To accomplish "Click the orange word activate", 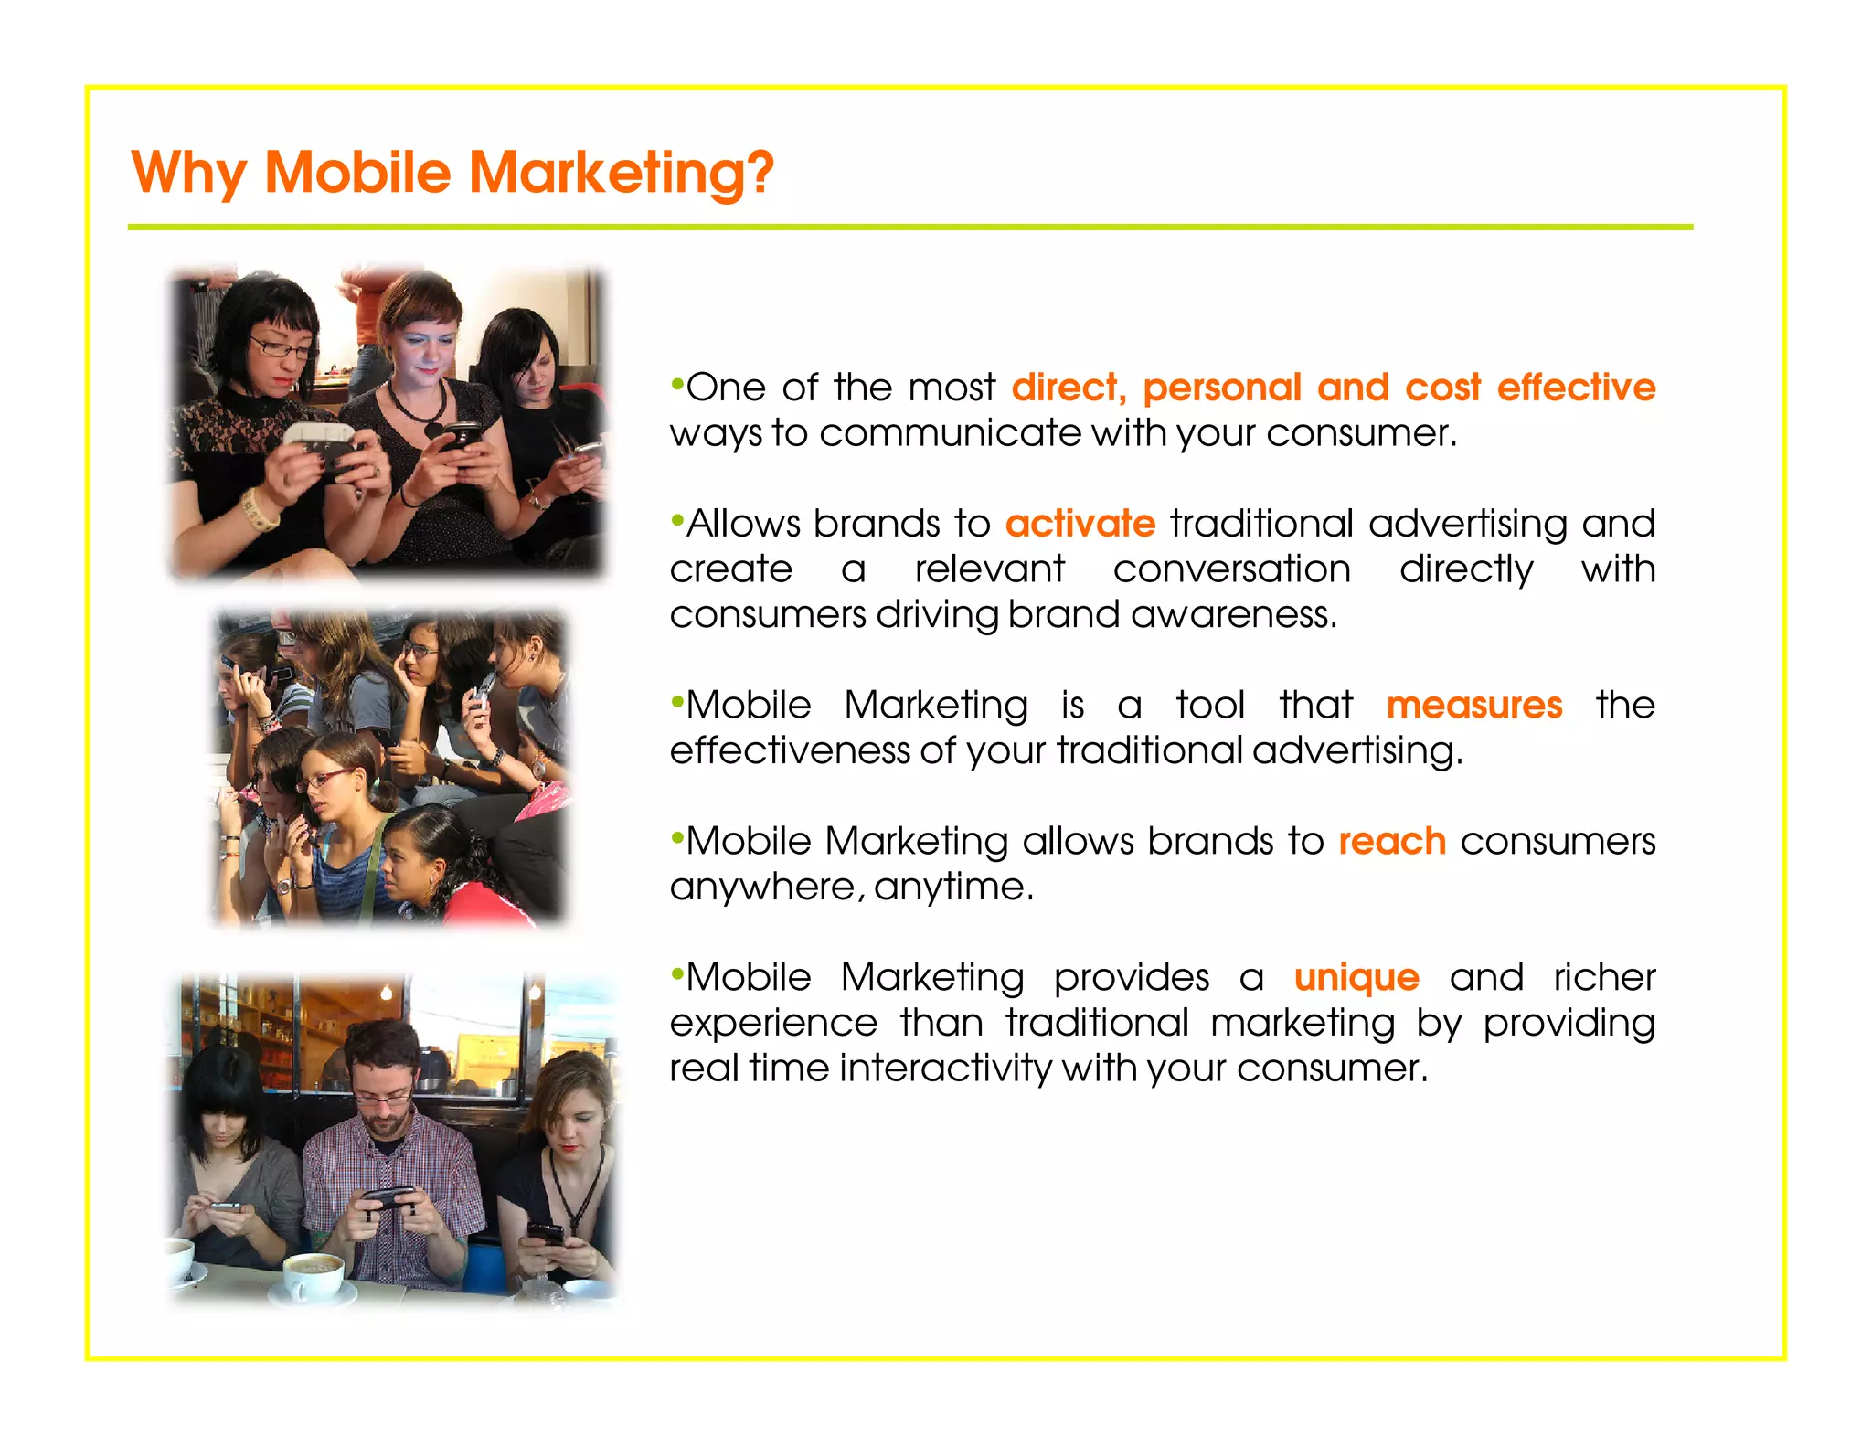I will pyautogui.click(x=1080, y=524).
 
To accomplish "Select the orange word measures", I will pyautogui.click(x=1473, y=706).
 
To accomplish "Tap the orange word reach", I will pyautogui.click(x=1391, y=842).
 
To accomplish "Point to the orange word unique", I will pyautogui.click(x=1356, y=978).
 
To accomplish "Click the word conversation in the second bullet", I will pyautogui.click(x=1231, y=569).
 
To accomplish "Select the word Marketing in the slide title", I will pyautogui.click(x=621, y=173).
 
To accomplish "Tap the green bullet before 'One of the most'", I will pyautogui.click(x=676, y=383).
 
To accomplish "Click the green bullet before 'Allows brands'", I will pyautogui.click(x=676, y=519).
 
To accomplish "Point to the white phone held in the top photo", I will pyautogui.click(x=317, y=440).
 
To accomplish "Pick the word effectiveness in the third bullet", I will pyautogui.click(x=790, y=750).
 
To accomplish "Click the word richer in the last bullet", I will pyautogui.click(x=1604, y=978).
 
